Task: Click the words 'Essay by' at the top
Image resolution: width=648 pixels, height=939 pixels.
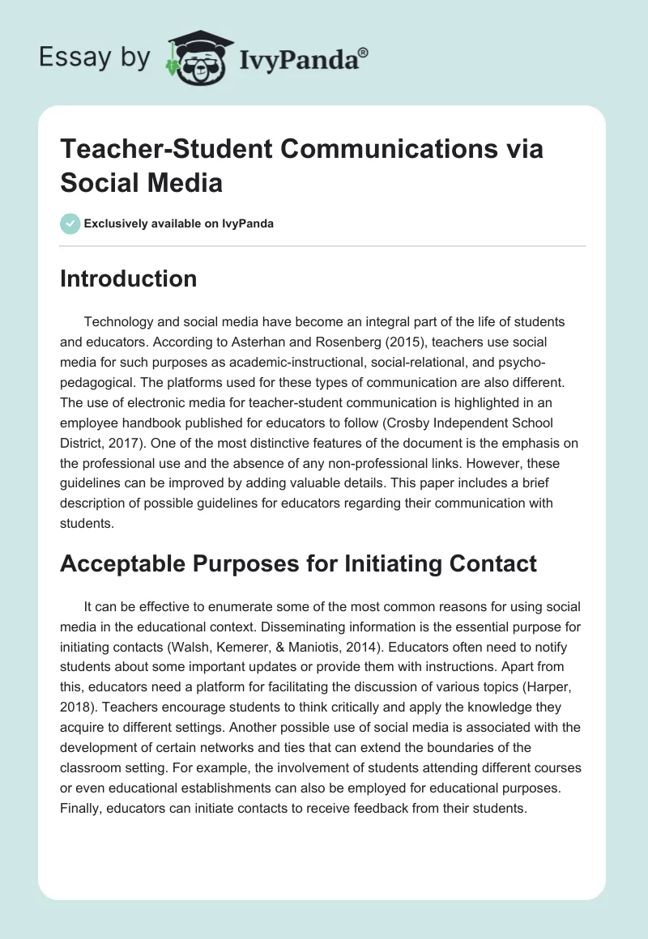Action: (x=95, y=57)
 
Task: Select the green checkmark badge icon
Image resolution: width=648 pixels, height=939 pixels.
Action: (x=70, y=223)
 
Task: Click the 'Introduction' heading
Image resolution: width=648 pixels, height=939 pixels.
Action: (x=129, y=278)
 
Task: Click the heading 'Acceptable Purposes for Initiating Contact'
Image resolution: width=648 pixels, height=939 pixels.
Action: (x=298, y=563)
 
